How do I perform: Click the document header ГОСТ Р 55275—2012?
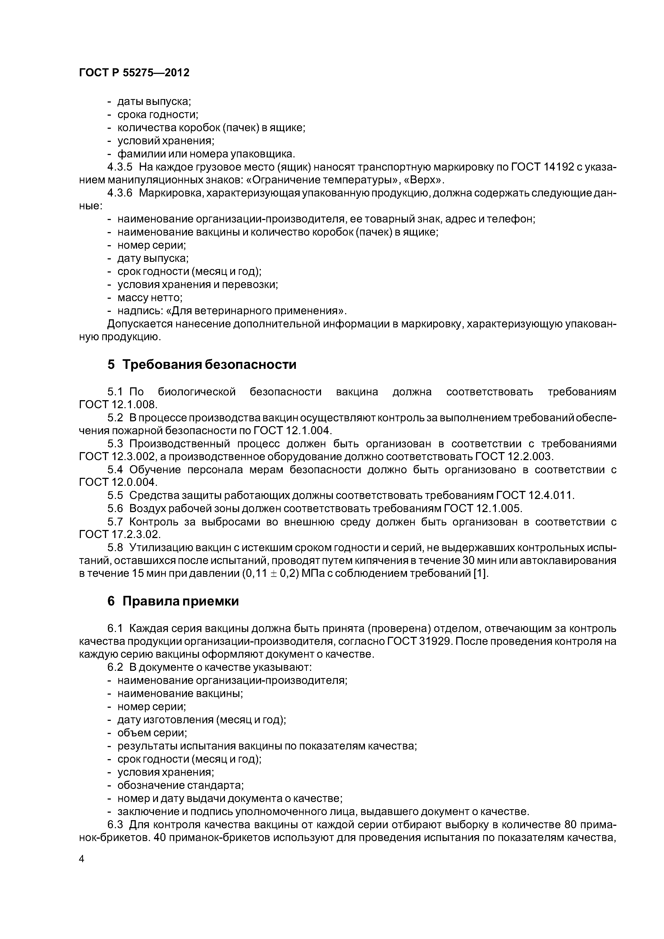[x=134, y=73]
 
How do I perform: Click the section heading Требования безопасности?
[x=209, y=364]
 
